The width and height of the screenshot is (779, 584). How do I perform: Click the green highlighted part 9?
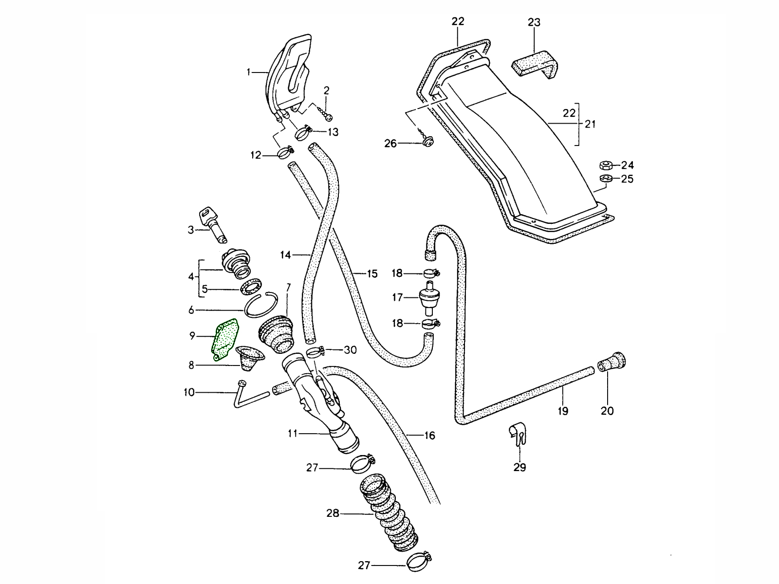tap(225, 339)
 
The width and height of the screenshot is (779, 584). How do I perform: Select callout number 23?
tap(534, 22)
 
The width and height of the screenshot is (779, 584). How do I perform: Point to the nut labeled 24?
tap(607, 164)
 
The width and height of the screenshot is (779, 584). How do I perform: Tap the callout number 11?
tap(293, 433)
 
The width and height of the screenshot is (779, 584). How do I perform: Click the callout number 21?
tap(590, 124)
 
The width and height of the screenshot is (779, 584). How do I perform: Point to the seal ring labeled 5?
tap(251, 286)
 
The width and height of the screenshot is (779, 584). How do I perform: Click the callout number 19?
tap(563, 411)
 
